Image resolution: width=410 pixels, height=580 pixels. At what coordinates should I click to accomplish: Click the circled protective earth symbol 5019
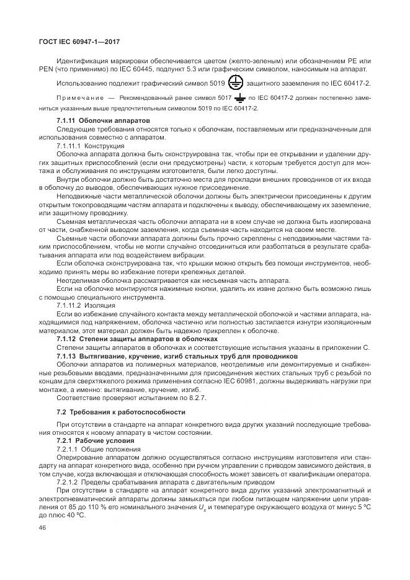[236, 83]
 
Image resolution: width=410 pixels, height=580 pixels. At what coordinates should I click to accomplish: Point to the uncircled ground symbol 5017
[239, 98]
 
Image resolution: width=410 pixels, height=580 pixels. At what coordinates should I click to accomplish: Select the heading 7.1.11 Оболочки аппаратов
[102, 119]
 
